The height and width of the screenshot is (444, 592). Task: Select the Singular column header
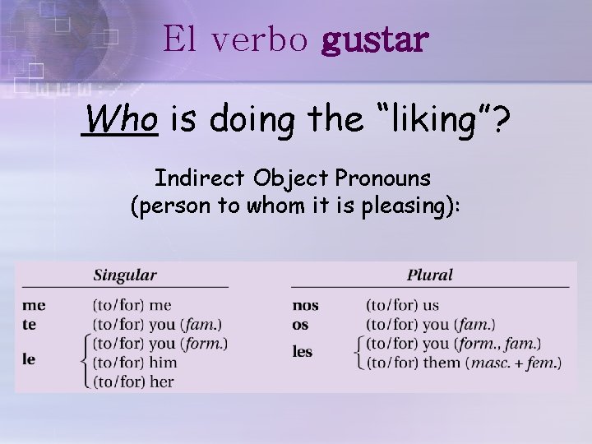125,275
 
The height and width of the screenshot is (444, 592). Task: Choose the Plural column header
430,275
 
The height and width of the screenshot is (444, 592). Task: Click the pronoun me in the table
34,306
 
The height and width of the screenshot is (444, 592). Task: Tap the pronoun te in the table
30,325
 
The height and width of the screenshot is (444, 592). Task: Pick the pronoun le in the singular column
30,360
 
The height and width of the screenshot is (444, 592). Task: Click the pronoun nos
305,306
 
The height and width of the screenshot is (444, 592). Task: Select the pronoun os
300,325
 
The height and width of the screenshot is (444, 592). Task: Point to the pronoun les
303,352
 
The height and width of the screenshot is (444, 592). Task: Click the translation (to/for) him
135,363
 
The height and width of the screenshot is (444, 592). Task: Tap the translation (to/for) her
133,381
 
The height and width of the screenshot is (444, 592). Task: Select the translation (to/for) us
402,306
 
